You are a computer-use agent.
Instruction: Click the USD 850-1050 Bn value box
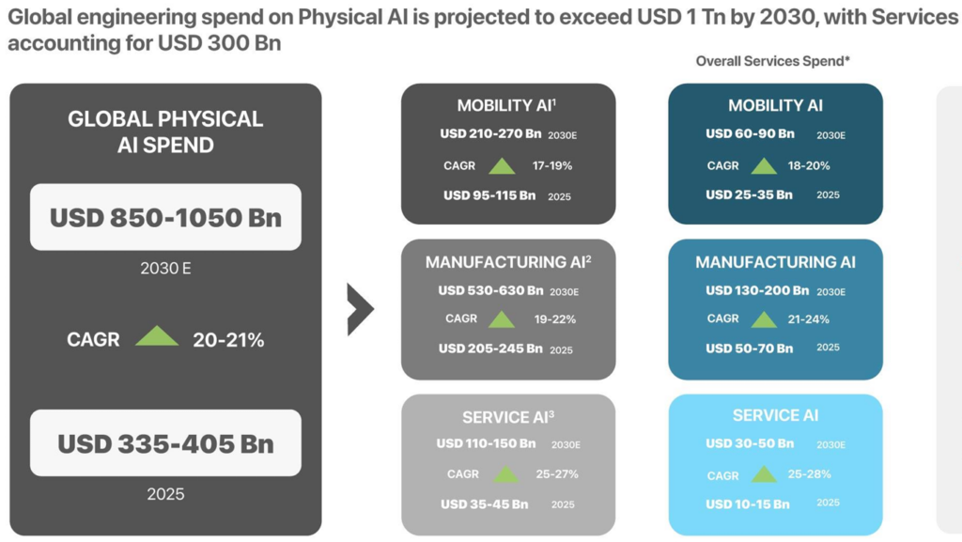(x=165, y=217)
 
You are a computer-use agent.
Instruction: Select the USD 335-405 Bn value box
(x=165, y=442)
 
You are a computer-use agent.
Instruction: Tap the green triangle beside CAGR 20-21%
(x=157, y=336)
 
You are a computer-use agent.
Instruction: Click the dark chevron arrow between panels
(x=360, y=308)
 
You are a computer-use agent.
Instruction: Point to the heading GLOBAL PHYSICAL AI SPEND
(x=165, y=132)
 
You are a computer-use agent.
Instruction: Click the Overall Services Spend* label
(x=773, y=61)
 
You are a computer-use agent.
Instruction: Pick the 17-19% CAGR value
(x=552, y=166)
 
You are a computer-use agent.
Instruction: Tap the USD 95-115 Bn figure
(x=489, y=195)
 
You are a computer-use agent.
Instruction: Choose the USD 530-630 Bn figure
(x=490, y=290)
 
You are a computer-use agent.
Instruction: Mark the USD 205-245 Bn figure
(x=490, y=348)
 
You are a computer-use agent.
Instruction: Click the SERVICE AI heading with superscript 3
(x=508, y=417)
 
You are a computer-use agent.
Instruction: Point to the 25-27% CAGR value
(x=557, y=474)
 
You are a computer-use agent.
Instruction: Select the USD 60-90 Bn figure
(x=750, y=134)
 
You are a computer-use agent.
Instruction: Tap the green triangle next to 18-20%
(x=764, y=166)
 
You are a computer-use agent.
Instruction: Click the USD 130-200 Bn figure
(x=757, y=291)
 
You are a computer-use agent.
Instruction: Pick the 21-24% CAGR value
(x=809, y=319)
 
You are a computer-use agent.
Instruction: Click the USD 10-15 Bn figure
(x=748, y=504)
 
